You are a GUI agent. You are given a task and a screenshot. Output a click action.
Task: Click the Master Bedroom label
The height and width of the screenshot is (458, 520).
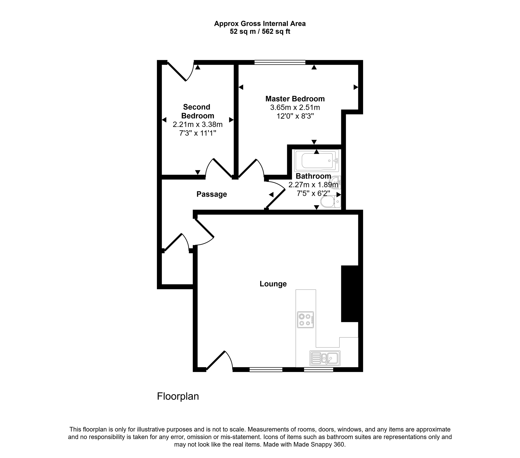pos(295,99)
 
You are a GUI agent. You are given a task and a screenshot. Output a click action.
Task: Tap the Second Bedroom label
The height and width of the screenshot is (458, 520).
pos(198,111)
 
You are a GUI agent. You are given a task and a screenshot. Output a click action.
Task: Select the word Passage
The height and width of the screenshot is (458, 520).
pos(212,194)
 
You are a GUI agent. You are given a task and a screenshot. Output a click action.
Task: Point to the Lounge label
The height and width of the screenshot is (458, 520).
pos(273,284)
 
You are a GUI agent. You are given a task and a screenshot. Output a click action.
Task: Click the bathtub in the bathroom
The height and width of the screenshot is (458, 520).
pos(316,160)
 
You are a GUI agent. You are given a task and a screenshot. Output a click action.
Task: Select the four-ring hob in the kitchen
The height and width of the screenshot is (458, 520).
pos(305,320)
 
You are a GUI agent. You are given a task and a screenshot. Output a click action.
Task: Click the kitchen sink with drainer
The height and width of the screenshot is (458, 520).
pos(325,358)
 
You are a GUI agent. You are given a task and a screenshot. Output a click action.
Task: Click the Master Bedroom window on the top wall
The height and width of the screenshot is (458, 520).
pos(280,62)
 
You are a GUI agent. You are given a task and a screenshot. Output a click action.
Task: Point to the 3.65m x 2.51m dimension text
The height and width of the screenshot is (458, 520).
pos(295,107)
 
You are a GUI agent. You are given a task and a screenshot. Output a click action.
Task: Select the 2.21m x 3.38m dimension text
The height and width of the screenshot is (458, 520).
pos(198,124)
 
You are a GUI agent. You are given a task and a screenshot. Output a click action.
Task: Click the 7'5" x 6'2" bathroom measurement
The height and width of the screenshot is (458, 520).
pos(313,193)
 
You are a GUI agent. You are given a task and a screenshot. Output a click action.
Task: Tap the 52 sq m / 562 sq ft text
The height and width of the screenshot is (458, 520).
pos(260,31)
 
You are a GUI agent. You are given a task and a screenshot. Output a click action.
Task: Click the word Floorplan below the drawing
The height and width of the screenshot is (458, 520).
pos(178,396)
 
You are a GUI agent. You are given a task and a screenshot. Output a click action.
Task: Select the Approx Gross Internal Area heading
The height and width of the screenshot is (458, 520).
pos(260,24)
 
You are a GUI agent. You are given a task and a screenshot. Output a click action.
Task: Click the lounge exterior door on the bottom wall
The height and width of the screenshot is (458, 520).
pos(219,361)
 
